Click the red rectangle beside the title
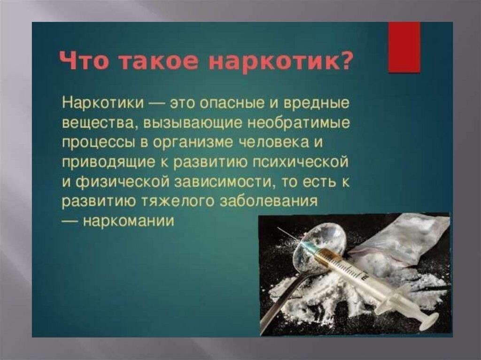404,47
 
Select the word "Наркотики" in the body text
103,102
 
